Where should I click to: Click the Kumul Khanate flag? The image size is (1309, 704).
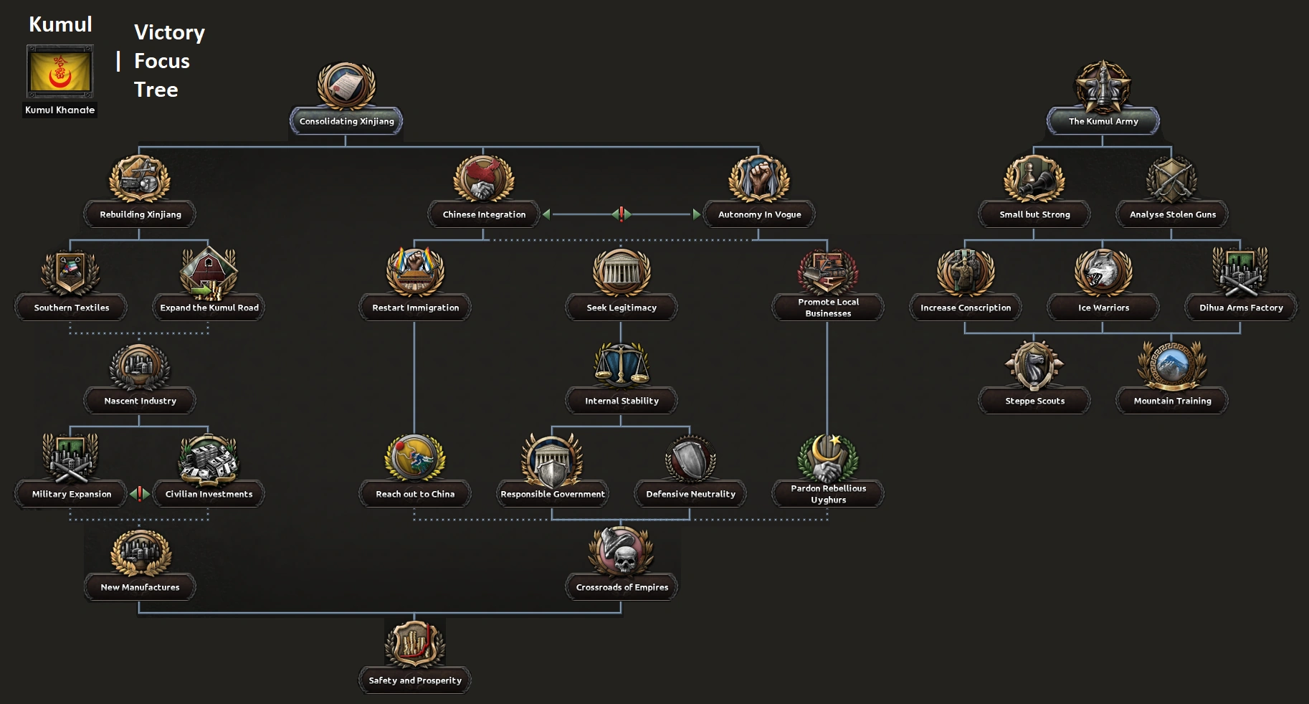60,71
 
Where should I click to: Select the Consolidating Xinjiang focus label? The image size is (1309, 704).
346,121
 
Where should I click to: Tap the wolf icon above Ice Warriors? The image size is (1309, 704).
1103,272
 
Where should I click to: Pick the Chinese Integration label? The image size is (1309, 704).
484,214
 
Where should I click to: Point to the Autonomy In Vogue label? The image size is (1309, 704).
759,214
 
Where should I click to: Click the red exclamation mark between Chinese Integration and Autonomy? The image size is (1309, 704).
622,214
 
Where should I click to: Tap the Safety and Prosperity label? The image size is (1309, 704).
415,680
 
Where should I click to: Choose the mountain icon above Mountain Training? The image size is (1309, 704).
1172,366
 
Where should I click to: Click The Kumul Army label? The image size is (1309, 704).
1103,121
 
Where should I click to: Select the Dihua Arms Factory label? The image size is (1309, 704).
1241,308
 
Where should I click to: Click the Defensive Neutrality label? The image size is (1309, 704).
690,494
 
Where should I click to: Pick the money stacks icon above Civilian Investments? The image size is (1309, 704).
209,459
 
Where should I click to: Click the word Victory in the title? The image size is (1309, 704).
169,32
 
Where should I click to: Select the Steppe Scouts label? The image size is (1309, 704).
1034,401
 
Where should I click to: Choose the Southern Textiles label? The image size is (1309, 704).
72,308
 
